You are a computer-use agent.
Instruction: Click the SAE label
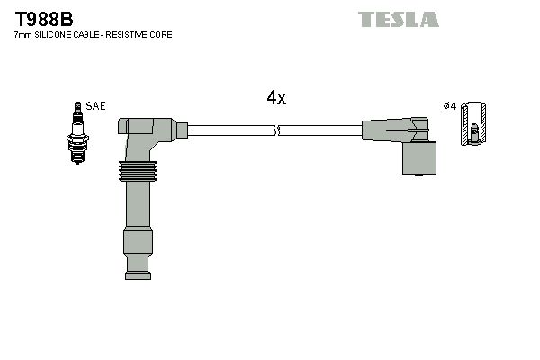(x=95, y=106)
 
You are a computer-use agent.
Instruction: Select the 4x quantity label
(x=276, y=99)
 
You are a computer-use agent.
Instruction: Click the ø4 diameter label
(x=450, y=106)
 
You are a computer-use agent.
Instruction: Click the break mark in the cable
(x=277, y=131)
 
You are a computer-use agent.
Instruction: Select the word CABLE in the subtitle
(x=94, y=35)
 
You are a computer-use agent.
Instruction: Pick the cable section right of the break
(x=319, y=131)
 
